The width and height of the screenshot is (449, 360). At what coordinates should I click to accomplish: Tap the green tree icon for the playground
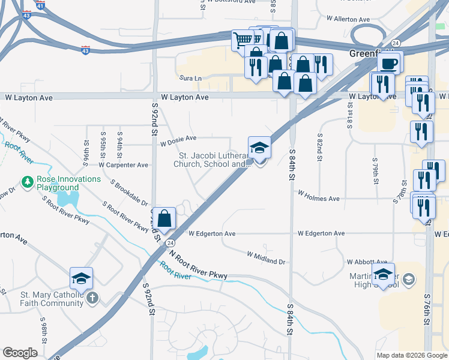(27, 181)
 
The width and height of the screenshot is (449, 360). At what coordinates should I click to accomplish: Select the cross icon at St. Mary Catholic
(92, 298)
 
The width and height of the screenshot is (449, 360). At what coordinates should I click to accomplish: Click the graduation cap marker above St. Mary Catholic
(81, 279)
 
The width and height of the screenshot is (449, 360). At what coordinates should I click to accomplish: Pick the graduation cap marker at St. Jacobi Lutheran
(259, 148)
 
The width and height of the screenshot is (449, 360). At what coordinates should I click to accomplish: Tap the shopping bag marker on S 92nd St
(164, 218)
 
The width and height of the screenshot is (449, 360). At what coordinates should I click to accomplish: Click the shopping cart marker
(243, 41)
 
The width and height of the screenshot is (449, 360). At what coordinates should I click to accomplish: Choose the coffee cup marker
(388, 64)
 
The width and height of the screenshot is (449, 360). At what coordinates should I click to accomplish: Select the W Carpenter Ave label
(123, 164)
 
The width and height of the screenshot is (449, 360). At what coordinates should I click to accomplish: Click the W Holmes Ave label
(319, 199)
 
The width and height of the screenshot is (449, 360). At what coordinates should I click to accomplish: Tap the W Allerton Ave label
(347, 19)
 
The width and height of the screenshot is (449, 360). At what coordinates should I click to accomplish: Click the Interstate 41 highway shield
(40, 5)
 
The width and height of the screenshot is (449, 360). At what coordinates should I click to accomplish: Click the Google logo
(20, 353)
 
